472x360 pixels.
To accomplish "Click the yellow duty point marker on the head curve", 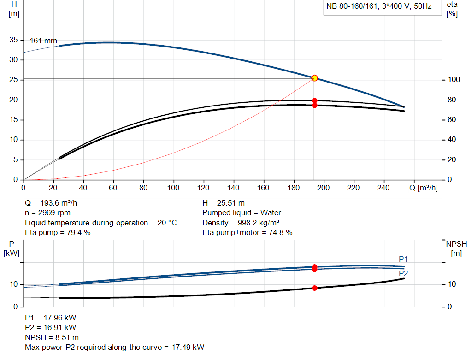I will coord(314,78).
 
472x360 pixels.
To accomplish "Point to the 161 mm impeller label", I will coord(43,41).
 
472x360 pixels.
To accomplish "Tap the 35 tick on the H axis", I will coord(13,40).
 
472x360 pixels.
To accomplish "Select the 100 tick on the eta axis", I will coord(454,80).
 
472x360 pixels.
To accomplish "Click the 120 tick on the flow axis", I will coord(203,188).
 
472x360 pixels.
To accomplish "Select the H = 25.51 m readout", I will coord(224,203).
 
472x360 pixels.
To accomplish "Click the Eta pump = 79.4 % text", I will coord(58,233).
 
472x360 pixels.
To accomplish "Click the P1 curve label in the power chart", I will coord(403,259).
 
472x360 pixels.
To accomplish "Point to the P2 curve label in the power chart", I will coord(403,273).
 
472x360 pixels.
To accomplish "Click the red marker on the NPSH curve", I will coord(314,288).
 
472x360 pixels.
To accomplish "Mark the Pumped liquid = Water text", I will coord(242,213).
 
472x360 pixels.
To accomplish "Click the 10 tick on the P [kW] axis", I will coord(13,284).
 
